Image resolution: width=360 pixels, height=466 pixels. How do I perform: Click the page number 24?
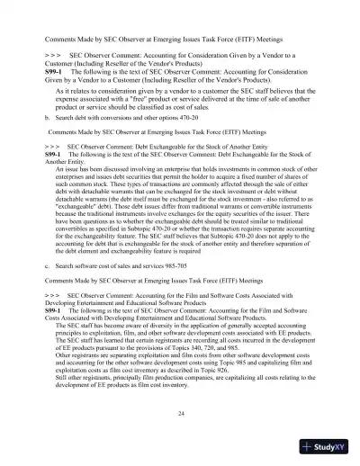[181, 413]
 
